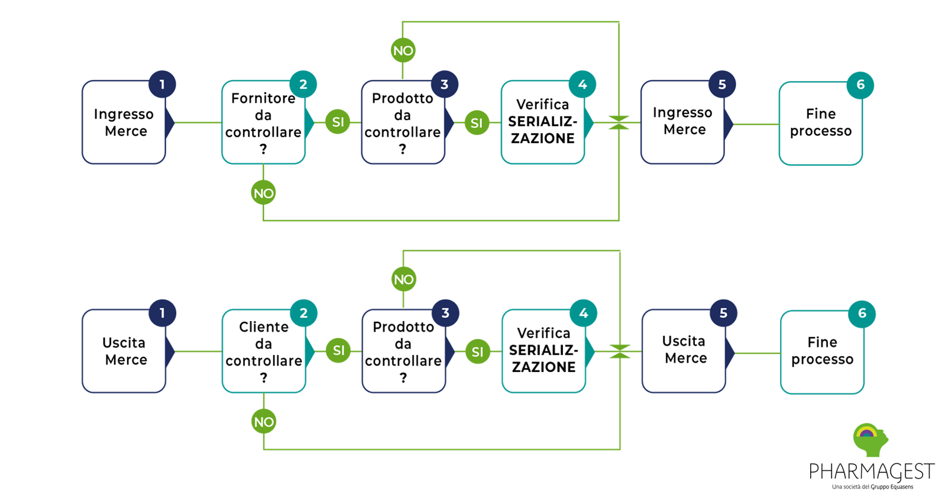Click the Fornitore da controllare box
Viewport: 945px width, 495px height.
[x=263, y=122]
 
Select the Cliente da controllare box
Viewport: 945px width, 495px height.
[x=264, y=351]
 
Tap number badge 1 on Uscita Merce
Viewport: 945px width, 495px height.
[x=162, y=313]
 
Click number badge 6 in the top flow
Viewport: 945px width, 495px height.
[x=860, y=85]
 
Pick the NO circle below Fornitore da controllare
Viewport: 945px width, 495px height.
[x=263, y=193]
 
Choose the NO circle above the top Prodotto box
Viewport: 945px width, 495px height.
[x=403, y=51]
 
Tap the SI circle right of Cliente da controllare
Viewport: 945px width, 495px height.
[x=338, y=351]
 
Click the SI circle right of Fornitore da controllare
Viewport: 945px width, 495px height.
[x=338, y=122]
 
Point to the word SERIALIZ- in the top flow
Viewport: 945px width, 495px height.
[x=542, y=122]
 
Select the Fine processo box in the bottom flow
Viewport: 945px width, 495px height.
[x=822, y=352]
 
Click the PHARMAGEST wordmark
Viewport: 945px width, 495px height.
[x=871, y=472]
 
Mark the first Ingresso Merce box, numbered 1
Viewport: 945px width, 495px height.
[x=124, y=122]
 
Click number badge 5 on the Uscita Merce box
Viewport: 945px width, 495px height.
[x=723, y=313]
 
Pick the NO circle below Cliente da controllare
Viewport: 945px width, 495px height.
[x=264, y=422]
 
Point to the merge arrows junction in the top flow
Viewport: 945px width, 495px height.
[x=619, y=122]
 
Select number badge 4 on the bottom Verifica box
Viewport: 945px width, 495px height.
[x=583, y=313]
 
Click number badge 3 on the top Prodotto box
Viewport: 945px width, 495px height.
[x=444, y=85]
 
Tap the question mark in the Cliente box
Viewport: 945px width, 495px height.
[x=264, y=377]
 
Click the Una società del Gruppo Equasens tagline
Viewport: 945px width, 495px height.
[x=872, y=487]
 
